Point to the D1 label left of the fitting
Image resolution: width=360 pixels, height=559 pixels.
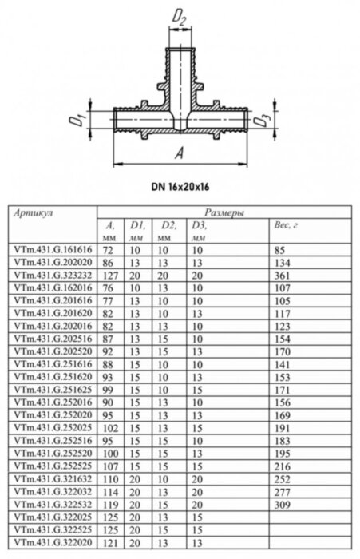(78, 121)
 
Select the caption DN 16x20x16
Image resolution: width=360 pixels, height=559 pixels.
(179, 188)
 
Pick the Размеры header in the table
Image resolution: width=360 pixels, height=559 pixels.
(224, 214)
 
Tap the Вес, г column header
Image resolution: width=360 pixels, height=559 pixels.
(285, 227)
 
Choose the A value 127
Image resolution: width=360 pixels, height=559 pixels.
(110, 273)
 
